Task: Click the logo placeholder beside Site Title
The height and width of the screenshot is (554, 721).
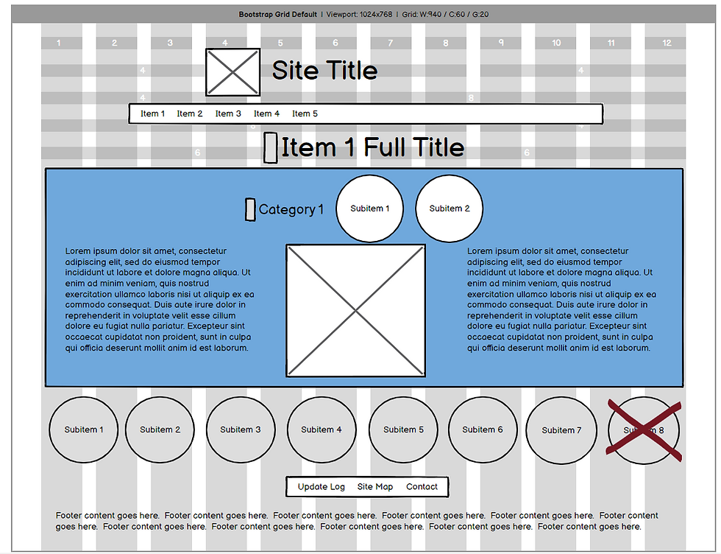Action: click(x=232, y=72)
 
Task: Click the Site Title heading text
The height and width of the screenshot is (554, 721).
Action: click(x=324, y=71)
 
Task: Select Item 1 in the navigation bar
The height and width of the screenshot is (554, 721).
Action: click(x=153, y=113)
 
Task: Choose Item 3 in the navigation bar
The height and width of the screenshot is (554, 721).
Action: click(x=228, y=113)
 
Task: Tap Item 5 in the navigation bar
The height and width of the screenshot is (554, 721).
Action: click(x=305, y=113)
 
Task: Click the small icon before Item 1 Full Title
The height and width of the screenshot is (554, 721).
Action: click(x=271, y=147)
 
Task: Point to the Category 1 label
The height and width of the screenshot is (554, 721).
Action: click(x=291, y=210)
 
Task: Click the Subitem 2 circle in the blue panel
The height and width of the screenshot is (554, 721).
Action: click(x=450, y=208)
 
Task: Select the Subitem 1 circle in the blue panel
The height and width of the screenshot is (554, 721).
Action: click(x=370, y=208)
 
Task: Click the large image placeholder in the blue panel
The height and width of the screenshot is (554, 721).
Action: click(x=356, y=310)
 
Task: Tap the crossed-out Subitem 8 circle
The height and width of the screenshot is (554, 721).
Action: click(x=644, y=430)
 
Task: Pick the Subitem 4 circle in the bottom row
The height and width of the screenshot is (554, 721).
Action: click(x=322, y=429)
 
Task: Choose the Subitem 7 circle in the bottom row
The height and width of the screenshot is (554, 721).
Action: click(x=561, y=430)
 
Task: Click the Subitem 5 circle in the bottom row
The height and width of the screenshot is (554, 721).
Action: click(x=403, y=429)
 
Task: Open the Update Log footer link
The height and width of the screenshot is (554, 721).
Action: click(x=321, y=487)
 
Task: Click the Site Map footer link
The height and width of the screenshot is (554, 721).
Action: click(x=375, y=487)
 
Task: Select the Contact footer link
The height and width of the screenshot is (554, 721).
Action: click(x=422, y=487)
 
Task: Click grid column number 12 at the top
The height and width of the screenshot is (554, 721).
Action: click(x=667, y=43)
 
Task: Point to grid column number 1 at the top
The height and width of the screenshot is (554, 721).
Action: click(x=59, y=43)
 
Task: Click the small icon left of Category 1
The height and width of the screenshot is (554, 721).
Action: click(x=250, y=210)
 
